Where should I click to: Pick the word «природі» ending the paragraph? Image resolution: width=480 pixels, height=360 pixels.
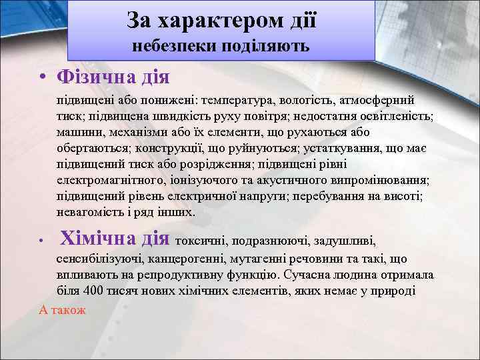395,291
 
